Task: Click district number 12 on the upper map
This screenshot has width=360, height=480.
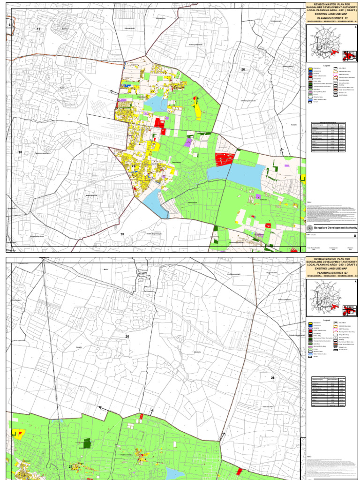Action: tap(38, 29)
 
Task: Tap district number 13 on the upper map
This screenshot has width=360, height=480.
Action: tap(20, 152)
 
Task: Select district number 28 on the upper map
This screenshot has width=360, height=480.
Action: tap(122, 234)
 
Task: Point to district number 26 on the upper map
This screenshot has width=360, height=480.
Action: tap(243, 69)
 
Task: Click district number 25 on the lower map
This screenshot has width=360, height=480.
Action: tap(127, 337)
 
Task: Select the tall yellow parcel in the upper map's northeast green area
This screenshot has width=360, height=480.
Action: tap(198, 110)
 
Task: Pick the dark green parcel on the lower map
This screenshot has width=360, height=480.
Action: tap(86, 443)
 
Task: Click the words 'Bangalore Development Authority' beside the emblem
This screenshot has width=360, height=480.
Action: tap(335, 227)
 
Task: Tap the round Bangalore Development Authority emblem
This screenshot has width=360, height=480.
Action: tap(309, 227)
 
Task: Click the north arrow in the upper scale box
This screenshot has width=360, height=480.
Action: tap(355, 28)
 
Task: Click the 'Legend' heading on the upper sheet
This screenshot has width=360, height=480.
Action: tap(327, 66)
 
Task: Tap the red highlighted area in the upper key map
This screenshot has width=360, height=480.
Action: tap(349, 56)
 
